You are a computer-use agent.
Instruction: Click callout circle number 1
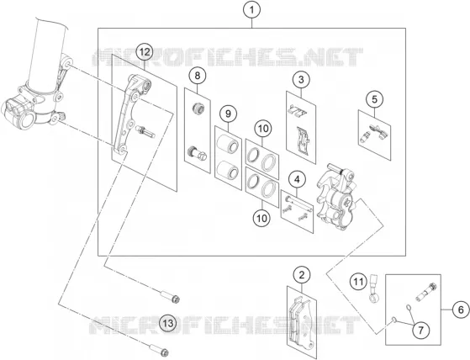coord(251,10)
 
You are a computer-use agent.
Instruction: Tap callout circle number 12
coord(144,52)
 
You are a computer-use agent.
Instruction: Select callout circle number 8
coord(198,76)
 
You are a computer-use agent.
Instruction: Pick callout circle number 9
coord(228,114)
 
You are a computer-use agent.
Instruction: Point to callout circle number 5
coord(374,99)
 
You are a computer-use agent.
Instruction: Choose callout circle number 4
coord(297,179)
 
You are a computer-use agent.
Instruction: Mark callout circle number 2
coord(302,275)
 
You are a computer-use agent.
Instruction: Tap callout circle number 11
coord(359,282)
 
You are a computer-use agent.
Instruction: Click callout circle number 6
coord(461,310)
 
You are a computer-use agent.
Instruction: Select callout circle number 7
coord(421,330)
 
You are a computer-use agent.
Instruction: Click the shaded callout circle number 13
coord(168,324)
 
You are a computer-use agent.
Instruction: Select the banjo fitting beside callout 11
coord(373,289)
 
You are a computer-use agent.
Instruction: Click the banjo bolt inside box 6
coord(426,292)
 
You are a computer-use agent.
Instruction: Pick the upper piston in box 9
coord(228,145)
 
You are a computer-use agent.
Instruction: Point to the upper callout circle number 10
coord(263,129)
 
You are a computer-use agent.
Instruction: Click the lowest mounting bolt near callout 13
coord(159,350)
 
